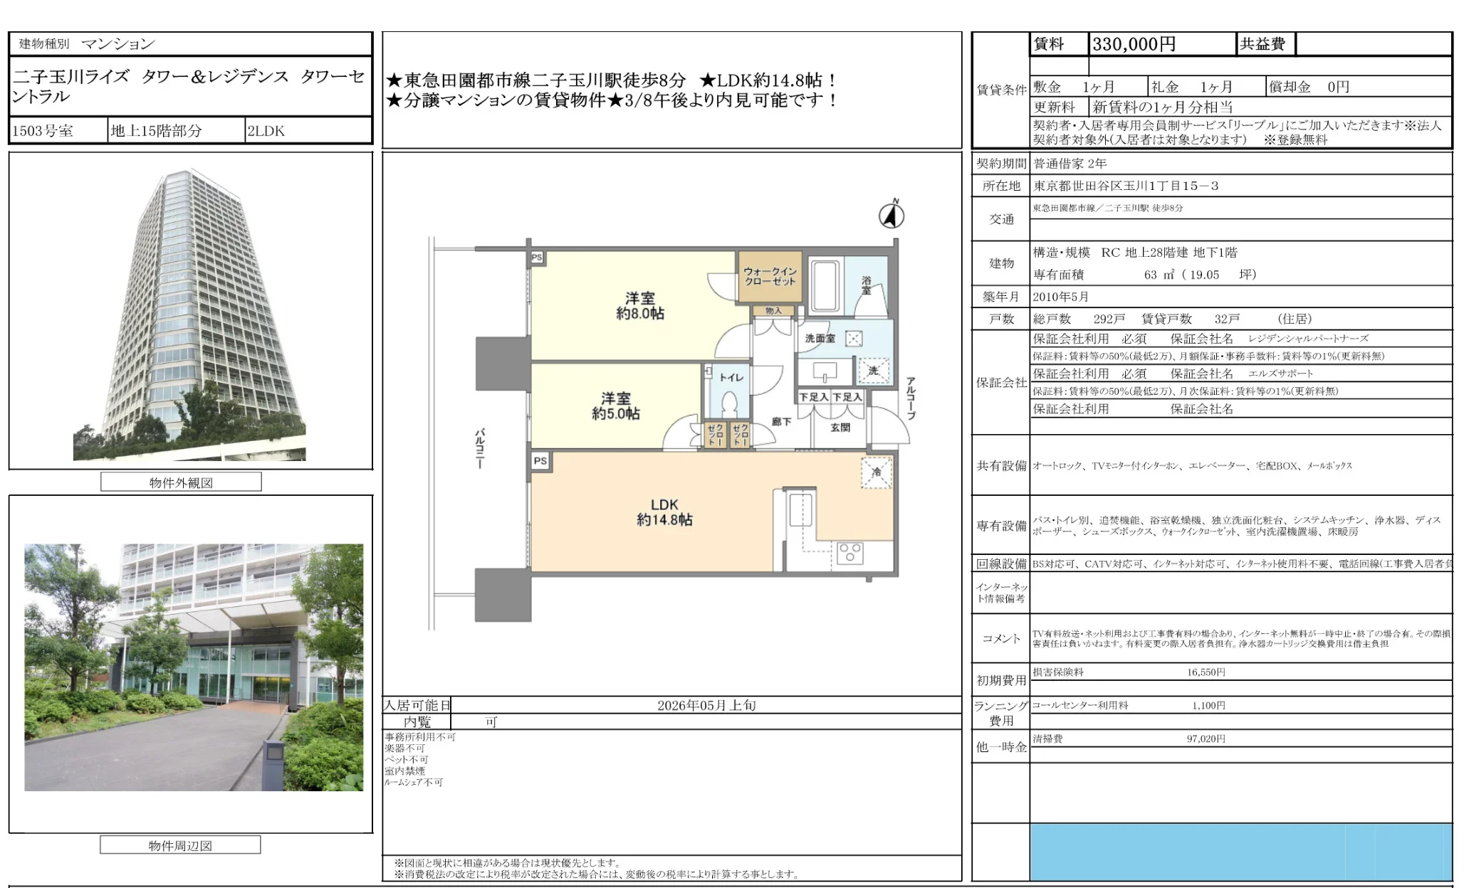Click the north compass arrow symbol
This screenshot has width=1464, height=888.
click(892, 214)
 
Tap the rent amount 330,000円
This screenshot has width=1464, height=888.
click(1134, 44)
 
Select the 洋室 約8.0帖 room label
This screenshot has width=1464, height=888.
click(639, 306)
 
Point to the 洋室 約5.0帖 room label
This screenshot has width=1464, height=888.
click(615, 406)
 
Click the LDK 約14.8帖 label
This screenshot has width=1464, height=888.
click(664, 512)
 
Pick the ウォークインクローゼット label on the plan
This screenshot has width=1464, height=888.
click(770, 276)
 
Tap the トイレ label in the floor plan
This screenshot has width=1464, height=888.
click(731, 377)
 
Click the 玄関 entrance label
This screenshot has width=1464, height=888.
click(840, 427)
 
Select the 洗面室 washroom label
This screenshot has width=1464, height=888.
click(820, 339)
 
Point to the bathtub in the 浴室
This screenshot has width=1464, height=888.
click(825, 286)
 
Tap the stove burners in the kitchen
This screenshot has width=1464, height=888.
click(849, 553)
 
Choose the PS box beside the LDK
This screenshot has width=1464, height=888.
click(540, 461)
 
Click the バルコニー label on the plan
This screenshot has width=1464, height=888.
click(481, 448)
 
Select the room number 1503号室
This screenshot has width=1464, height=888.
click(43, 131)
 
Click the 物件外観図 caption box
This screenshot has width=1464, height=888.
click(181, 482)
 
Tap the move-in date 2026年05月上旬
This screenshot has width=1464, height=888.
click(706, 705)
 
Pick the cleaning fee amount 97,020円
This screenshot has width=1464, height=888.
click(1206, 739)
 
